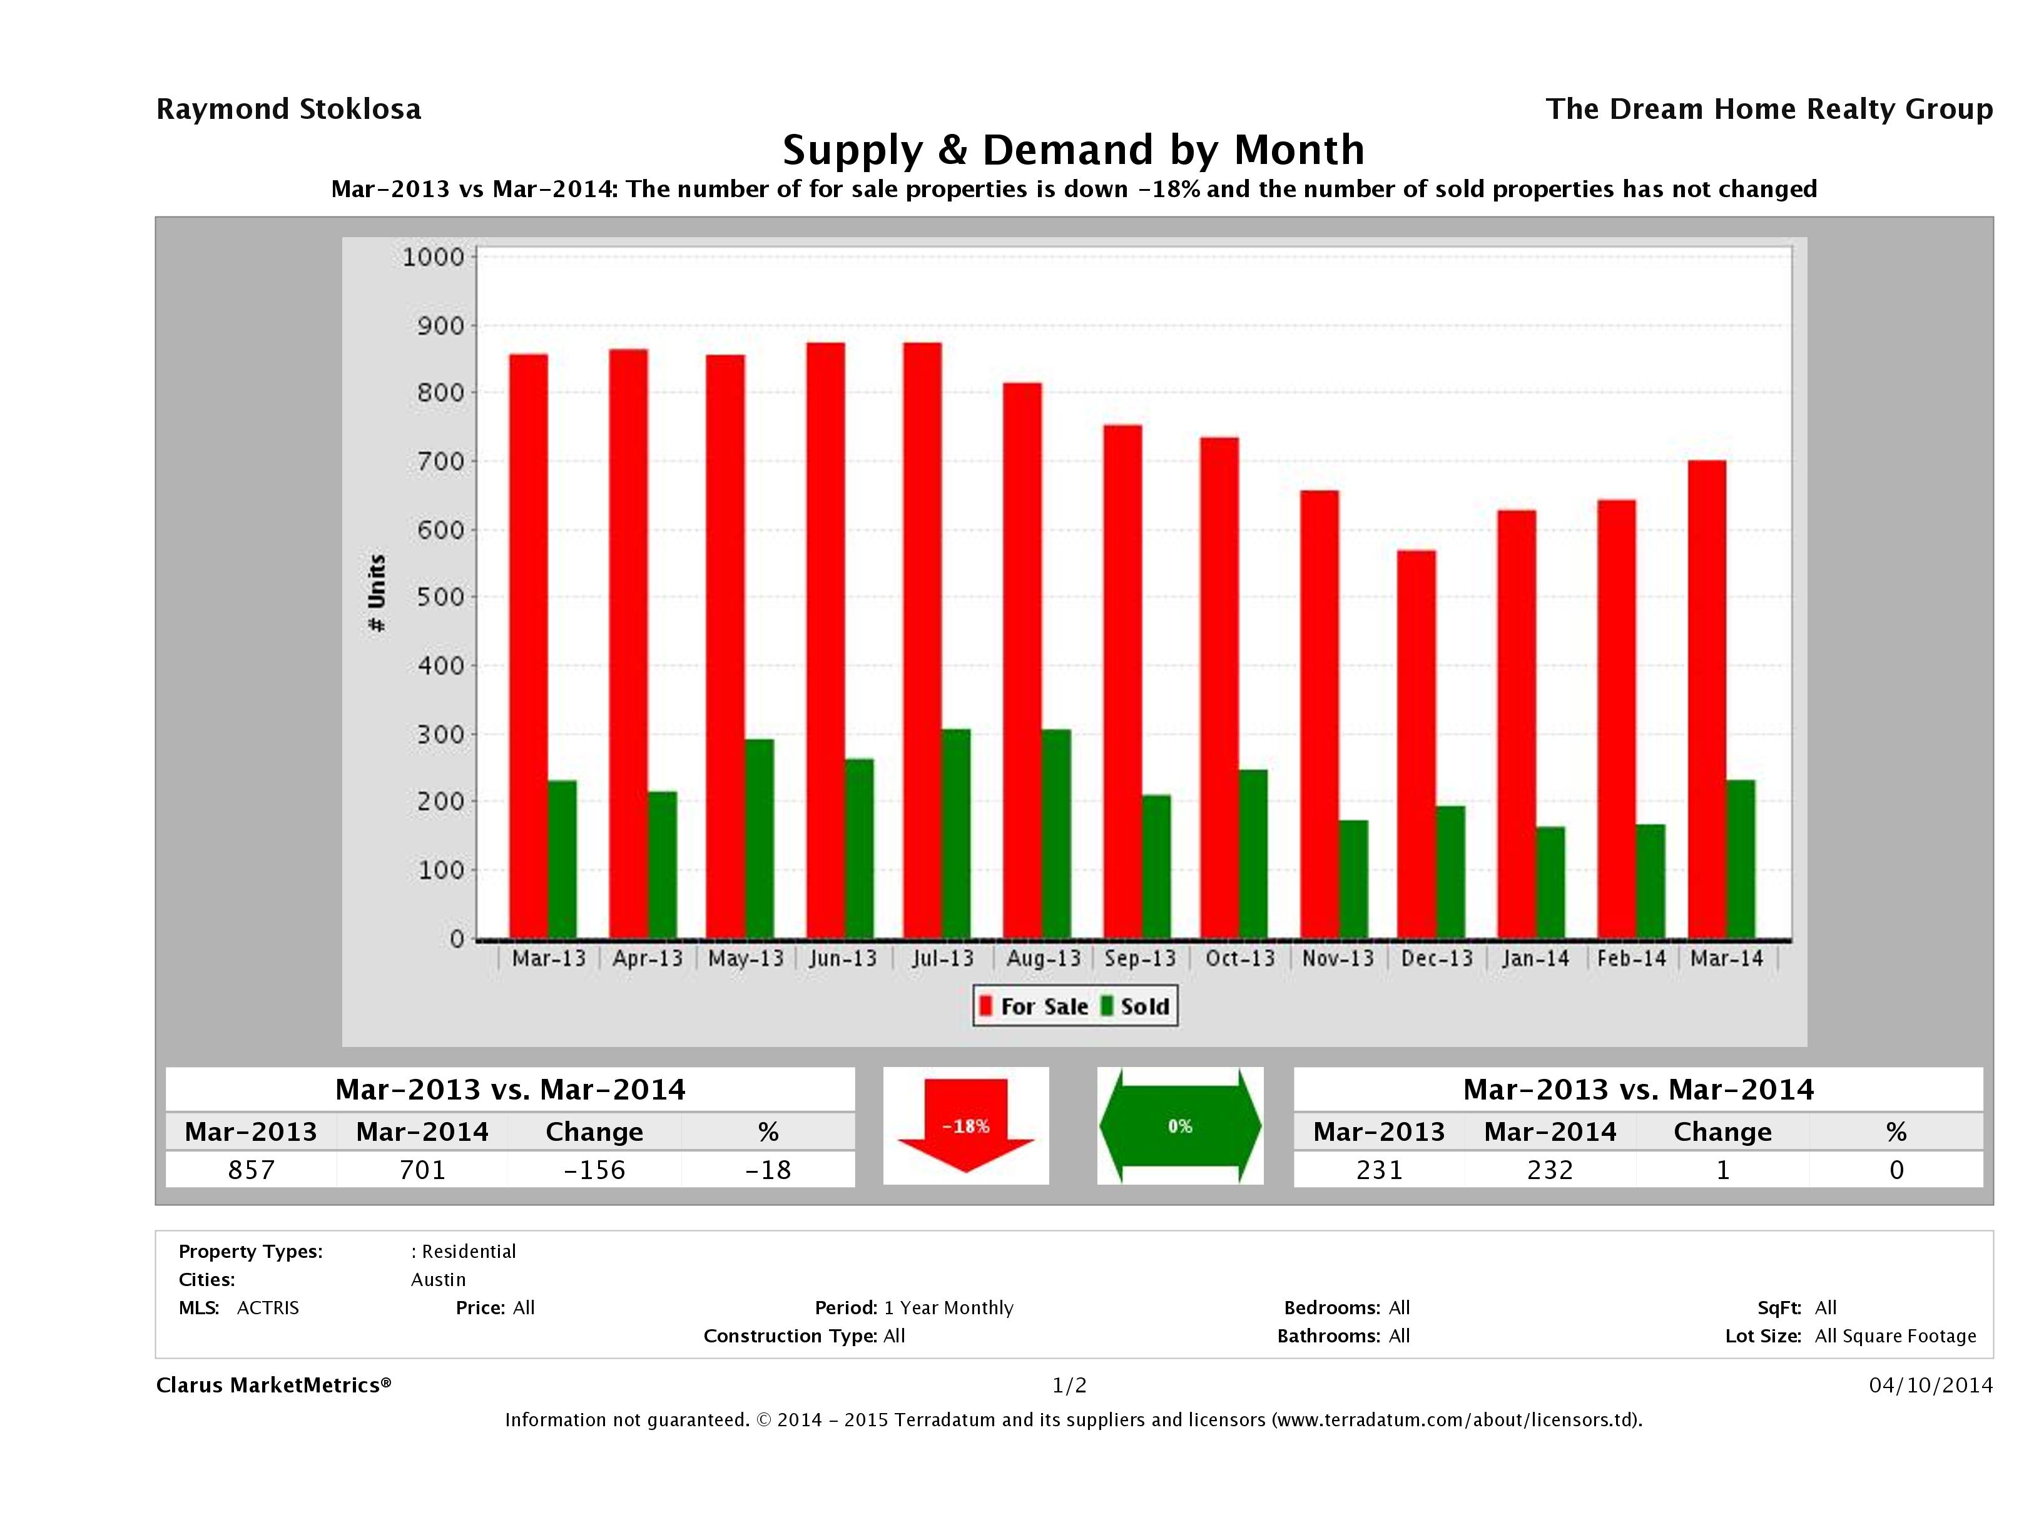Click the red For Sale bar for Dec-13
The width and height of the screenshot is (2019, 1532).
pos(1416,744)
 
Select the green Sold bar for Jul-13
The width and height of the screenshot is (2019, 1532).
pos(955,834)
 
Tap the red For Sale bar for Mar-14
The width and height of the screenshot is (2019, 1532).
pos(1707,700)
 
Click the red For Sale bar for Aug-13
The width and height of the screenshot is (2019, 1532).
pos(1022,661)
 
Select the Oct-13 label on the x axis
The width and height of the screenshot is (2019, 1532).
pos(1239,959)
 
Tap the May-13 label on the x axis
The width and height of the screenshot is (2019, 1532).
pos(746,959)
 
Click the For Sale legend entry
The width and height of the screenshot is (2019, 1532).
pos(1034,1006)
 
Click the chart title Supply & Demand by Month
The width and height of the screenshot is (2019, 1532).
pos(1074,150)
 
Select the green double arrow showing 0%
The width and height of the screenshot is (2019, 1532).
pos(1179,1126)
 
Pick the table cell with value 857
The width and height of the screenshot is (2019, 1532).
pos(251,1170)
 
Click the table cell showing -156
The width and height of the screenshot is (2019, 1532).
pos(594,1170)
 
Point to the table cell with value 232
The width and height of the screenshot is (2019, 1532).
pos(1550,1170)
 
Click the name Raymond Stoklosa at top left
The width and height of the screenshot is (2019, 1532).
pos(288,110)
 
